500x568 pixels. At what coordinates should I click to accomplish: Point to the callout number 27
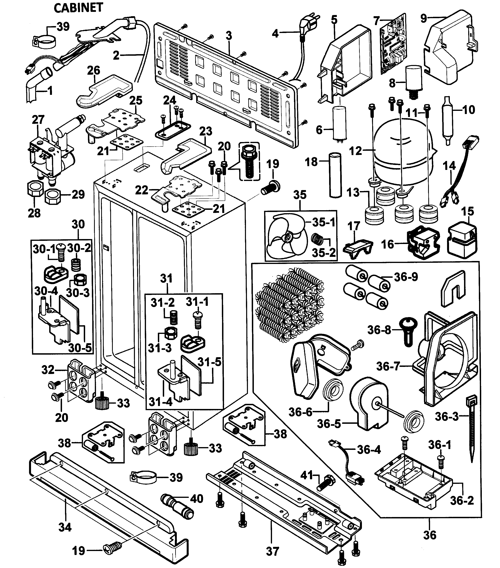tap(38, 120)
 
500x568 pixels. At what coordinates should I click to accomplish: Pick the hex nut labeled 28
tap(35, 190)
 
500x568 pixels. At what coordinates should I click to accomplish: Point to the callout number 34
tap(65, 527)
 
